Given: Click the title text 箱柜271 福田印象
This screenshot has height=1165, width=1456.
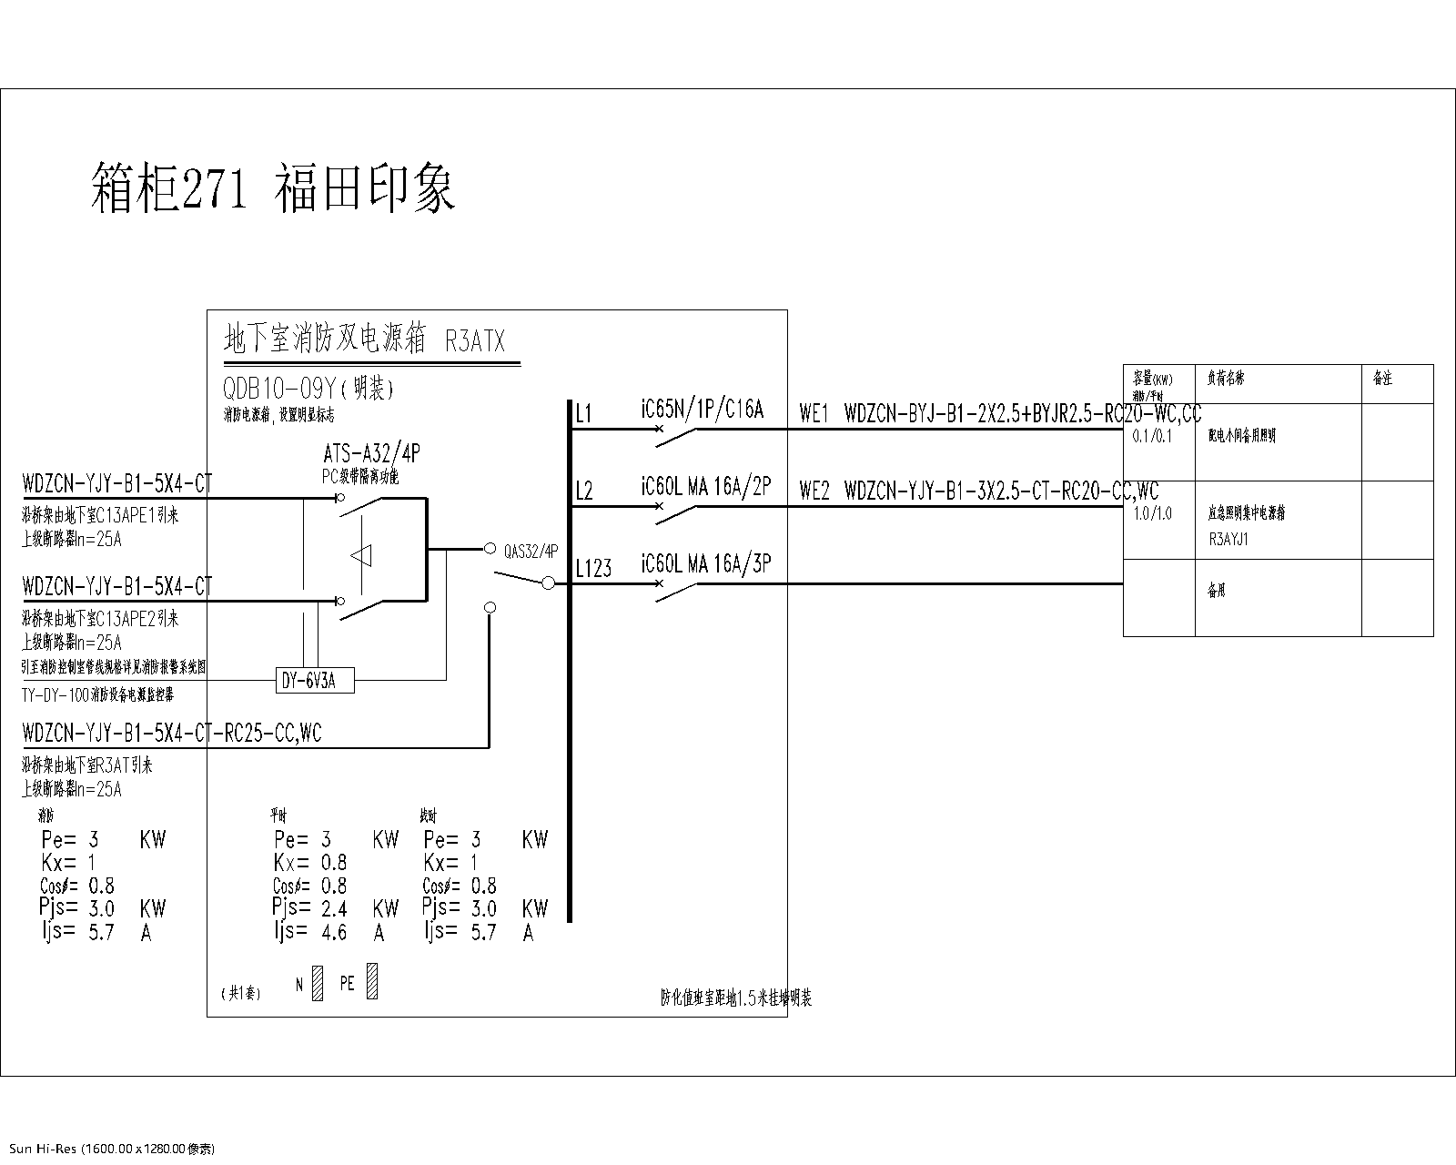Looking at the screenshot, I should (x=273, y=187).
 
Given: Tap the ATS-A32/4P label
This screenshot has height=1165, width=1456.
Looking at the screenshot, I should (x=371, y=454).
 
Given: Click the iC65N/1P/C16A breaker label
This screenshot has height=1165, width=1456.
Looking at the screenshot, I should (x=702, y=410).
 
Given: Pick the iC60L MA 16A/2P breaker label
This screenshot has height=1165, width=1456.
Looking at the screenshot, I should (x=705, y=487).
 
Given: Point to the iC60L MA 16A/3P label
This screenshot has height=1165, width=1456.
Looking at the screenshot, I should (x=705, y=564).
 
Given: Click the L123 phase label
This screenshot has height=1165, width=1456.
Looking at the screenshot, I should (x=593, y=570).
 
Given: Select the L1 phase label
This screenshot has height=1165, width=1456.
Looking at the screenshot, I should (x=583, y=415).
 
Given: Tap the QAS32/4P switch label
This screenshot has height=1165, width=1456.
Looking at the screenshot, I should (x=531, y=551).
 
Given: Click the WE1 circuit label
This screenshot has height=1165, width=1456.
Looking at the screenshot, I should (x=814, y=414).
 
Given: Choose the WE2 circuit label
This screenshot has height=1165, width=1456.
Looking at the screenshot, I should (x=814, y=491).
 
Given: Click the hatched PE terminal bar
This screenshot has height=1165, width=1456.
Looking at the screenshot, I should (x=371, y=982).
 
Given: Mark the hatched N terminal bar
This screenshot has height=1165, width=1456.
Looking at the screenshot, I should (x=317, y=984).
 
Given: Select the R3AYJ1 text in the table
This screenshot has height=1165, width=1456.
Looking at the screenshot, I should (x=1228, y=539).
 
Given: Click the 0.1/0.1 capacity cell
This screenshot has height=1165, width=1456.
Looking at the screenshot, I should (x=1152, y=436).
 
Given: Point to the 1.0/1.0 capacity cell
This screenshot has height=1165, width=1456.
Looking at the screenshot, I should (x=1152, y=514).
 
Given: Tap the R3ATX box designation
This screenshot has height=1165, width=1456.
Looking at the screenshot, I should (x=475, y=341).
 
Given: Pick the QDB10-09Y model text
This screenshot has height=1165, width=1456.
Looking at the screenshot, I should (x=280, y=390).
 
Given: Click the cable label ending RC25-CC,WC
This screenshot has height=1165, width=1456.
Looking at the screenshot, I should (x=172, y=733).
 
